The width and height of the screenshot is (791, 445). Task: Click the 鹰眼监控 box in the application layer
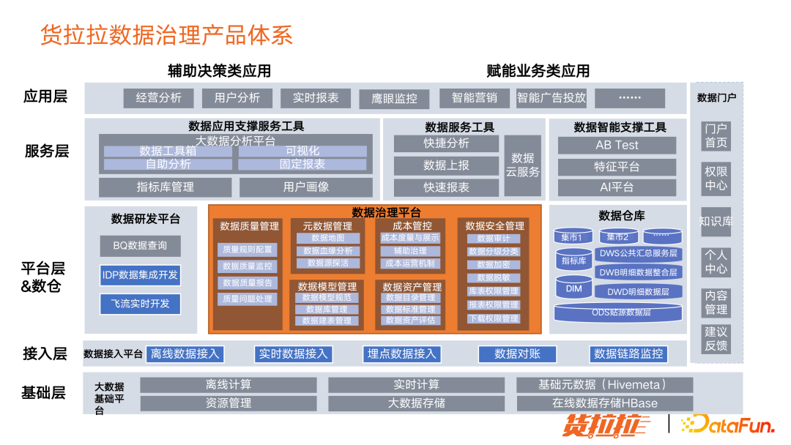[394, 99]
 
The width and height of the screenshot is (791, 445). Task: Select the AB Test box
[617, 145]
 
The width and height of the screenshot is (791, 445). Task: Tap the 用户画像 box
[306, 187]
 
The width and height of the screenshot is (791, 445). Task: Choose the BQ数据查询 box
[140, 246]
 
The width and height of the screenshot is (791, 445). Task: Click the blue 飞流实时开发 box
[140, 304]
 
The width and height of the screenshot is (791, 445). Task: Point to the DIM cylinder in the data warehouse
[573, 288]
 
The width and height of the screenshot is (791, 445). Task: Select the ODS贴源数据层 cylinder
[621, 313]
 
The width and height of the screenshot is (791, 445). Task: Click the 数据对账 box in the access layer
[517, 354]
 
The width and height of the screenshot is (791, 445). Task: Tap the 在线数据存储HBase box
[604, 403]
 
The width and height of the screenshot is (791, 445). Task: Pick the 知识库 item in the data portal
[716, 221]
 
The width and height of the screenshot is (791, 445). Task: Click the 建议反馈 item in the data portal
[716, 339]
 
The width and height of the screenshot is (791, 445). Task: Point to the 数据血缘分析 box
[327, 251]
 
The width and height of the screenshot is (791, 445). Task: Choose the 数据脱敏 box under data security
[493, 278]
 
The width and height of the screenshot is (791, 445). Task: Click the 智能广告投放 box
[551, 98]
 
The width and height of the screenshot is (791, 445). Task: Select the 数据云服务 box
[523, 165]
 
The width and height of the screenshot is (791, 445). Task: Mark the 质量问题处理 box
[247, 299]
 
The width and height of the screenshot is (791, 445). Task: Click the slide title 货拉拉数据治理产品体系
[167, 35]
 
